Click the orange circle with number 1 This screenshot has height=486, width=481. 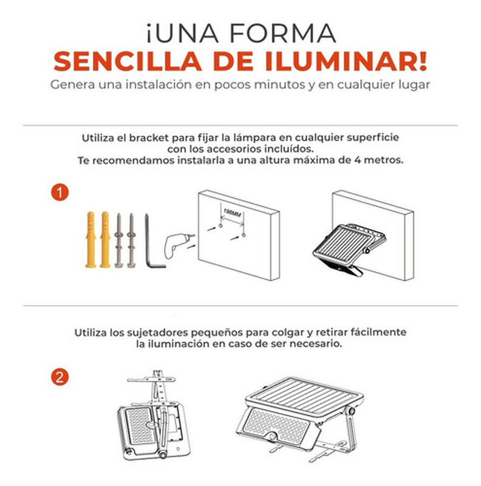click(x=59, y=193)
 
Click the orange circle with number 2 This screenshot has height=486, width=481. click(x=59, y=377)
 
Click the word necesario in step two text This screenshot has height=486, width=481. click(x=315, y=343)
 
